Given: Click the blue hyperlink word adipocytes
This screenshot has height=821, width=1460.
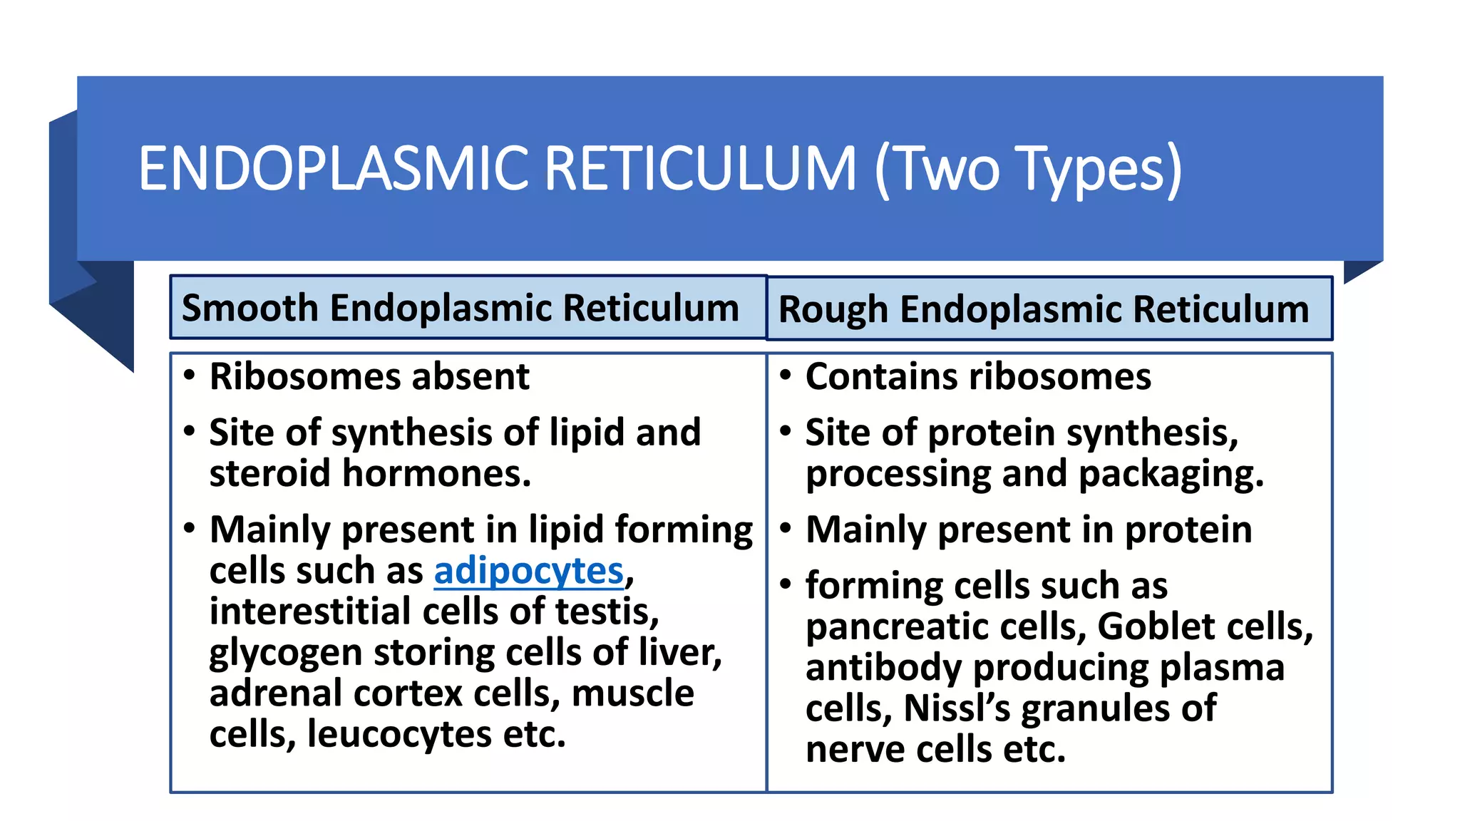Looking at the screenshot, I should tap(528, 572).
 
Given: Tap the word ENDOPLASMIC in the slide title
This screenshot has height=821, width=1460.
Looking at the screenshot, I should tap(333, 169).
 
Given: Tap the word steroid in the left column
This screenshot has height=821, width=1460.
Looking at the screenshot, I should tap(270, 473).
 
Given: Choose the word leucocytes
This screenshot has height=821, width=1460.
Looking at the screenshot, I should tap(399, 734).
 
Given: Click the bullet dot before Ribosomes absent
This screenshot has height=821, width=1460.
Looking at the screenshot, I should tap(189, 375).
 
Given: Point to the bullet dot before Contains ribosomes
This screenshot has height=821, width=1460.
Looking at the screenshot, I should tap(786, 375).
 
